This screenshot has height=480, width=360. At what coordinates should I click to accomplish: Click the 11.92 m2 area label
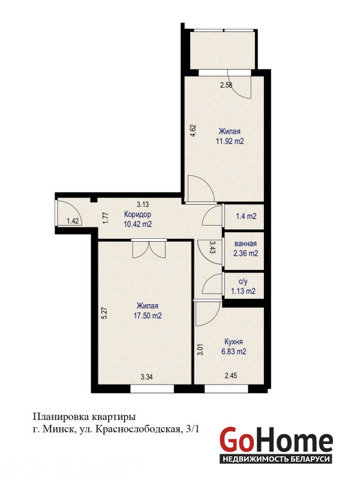pos(230,142)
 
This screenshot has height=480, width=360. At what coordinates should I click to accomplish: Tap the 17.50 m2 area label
pos(148,316)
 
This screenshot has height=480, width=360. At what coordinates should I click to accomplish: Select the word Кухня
pos(233,342)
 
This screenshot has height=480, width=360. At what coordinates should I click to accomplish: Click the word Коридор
pos(137,214)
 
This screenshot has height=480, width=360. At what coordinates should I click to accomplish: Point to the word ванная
pos(245,244)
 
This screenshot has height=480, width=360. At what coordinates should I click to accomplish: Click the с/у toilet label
pos(243,281)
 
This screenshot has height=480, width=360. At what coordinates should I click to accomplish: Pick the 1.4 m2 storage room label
pos(246,216)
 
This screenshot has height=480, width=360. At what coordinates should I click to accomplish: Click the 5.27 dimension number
pos(104,313)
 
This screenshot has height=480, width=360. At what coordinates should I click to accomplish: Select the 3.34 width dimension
pos(146,377)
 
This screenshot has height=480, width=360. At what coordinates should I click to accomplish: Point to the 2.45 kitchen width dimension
pos(231,376)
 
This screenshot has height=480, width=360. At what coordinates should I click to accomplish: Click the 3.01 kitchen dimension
pos(200,350)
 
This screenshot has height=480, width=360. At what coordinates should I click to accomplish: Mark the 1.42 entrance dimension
pos(73,221)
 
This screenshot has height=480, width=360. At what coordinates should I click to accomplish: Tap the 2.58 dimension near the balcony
pos(226,85)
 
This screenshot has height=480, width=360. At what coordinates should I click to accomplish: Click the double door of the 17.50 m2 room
pos(149,248)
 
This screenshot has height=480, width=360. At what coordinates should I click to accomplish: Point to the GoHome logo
pos(276,443)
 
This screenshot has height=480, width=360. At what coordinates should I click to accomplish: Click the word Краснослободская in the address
pos(138,430)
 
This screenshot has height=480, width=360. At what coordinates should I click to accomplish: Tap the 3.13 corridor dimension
pos(143,204)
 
